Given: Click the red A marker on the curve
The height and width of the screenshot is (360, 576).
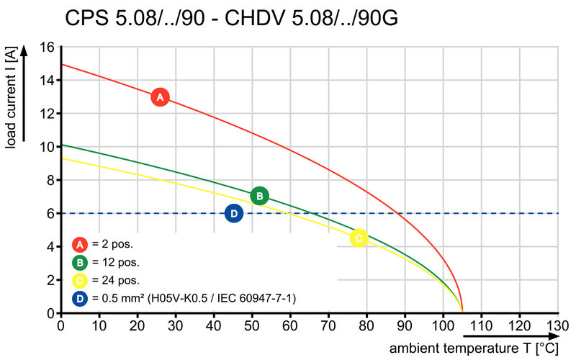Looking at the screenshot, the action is point(160,97).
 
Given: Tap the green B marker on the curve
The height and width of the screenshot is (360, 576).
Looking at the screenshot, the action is point(260,196).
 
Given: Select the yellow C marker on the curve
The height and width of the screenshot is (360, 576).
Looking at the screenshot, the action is point(359,238).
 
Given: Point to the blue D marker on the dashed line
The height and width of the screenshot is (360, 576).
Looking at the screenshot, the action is point(234,213).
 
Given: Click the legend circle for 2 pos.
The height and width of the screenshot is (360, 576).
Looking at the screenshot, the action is point(80,244).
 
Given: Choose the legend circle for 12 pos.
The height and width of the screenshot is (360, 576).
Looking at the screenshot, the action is point(80,263).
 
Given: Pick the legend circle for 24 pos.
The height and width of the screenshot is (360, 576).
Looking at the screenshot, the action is point(80,281).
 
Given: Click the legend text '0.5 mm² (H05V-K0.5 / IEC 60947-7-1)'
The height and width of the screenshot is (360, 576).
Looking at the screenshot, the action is point(194,298).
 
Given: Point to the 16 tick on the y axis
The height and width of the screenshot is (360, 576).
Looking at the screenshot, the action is point(46,47).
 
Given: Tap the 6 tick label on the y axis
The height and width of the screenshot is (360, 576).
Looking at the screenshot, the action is point(50,213).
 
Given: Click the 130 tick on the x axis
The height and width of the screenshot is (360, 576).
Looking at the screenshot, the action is point(557,325).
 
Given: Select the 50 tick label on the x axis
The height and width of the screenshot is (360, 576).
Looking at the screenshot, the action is point(252,325).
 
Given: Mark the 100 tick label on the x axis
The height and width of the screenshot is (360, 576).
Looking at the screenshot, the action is point(443,325).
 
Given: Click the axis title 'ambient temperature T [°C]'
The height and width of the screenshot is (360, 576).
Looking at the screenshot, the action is point(474,348).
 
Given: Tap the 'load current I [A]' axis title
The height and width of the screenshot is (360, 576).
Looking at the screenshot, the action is point(11,97).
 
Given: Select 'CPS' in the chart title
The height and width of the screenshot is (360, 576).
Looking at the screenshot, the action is point(87,18).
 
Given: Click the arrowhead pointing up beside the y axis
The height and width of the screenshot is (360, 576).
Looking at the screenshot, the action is point(24,50).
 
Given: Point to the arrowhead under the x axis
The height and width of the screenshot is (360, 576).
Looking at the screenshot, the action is point(553,336).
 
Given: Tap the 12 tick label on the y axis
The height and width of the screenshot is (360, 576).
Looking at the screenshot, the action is point(46,114).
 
